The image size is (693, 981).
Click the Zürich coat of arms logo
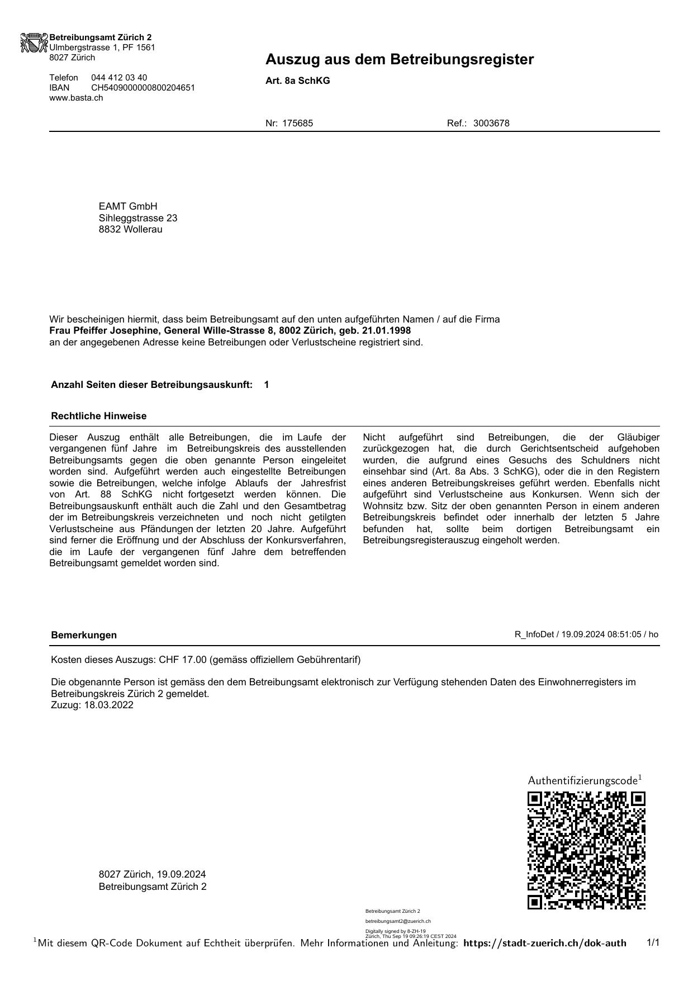click(x=34, y=43)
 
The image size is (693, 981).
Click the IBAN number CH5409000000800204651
click(x=143, y=88)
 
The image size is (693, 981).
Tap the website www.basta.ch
click(x=76, y=98)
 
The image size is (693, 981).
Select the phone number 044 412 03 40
click(x=119, y=78)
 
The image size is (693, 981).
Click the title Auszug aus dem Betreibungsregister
click(x=399, y=60)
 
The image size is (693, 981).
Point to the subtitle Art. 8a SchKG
click(x=297, y=81)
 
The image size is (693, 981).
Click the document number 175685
click(x=297, y=124)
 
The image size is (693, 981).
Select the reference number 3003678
click(x=491, y=124)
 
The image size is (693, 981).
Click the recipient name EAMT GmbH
click(x=128, y=206)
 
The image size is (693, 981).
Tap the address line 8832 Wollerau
click(x=130, y=229)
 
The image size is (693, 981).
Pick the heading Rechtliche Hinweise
click(x=98, y=416)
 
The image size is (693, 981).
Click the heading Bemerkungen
click(x=84, y=635)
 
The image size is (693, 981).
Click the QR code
click(x=586, y=850)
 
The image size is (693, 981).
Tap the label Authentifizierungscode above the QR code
click(x=582, y=780)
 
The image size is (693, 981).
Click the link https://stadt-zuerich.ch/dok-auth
click(x=545, y=943)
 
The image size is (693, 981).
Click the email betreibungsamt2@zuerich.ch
click(x=398, y=921)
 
